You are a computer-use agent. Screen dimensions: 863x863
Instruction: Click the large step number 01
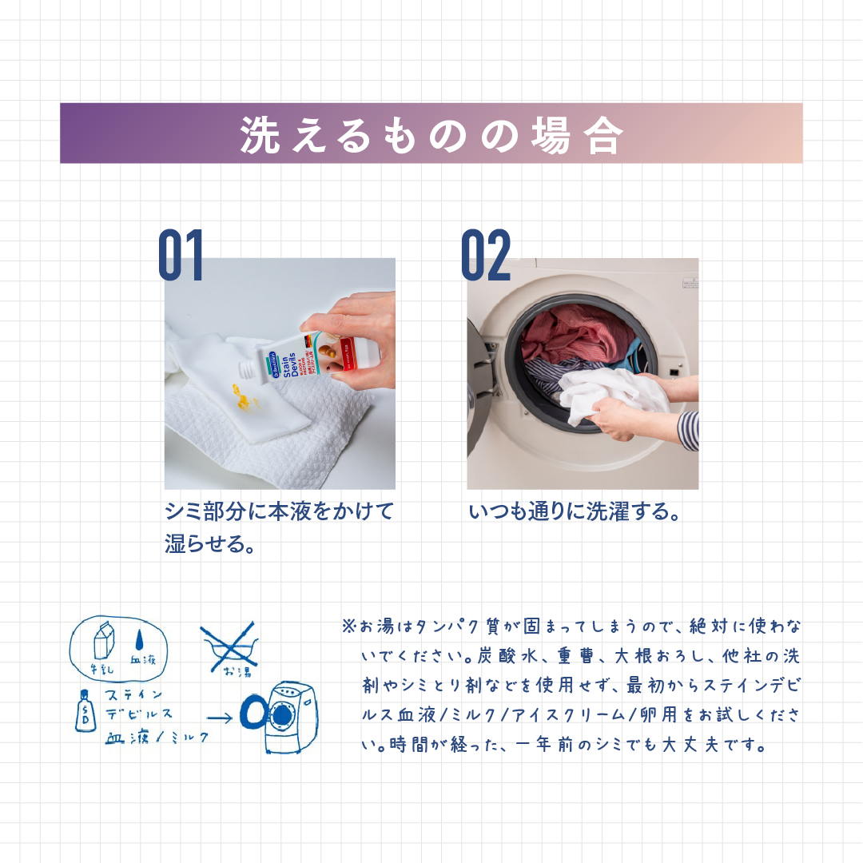tap(181, 256)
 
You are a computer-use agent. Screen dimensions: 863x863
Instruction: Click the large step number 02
tap(486, 256)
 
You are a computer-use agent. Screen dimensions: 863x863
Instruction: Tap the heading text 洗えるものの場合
tap(431, 134)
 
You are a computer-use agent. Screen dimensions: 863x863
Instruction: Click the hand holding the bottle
tap(356, 336)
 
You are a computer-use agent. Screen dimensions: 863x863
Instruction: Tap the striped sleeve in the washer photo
tap(688, 430)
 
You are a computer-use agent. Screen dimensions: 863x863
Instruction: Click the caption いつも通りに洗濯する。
tap(575, 512)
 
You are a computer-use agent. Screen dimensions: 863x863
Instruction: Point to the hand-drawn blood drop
tap(141, 640)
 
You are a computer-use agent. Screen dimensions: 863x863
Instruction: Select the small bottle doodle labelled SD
tap(84, 710)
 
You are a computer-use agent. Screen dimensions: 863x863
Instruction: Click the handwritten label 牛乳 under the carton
tap(103, 669)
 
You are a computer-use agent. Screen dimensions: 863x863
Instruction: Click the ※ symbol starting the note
tap(348, 625)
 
